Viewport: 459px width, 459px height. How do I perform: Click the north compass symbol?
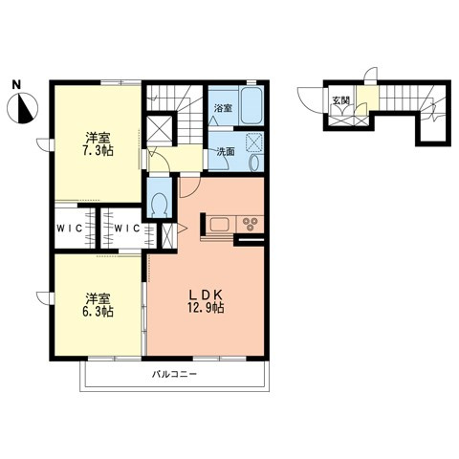23,108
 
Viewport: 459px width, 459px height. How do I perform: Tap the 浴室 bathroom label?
223,108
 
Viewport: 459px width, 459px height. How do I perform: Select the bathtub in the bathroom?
251,106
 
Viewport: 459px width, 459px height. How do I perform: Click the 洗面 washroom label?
226,152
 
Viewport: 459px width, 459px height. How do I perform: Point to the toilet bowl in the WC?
160,205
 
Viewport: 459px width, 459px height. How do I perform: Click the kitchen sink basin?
219,224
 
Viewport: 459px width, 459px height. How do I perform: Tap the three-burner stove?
250,224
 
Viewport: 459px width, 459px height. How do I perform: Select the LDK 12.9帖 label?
206,301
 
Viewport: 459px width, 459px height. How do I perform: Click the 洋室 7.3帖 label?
98,144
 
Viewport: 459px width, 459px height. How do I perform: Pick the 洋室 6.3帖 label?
98,305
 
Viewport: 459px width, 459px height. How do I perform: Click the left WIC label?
70,229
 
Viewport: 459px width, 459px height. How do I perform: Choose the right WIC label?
127,229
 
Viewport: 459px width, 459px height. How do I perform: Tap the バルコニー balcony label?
174,374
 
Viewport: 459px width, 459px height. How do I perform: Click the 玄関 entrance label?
340,100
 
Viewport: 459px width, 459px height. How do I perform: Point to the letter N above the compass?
16,85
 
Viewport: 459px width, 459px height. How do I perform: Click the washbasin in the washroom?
254,163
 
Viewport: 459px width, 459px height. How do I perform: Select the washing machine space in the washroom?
254,142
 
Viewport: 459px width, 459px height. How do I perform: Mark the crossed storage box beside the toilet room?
160,128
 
